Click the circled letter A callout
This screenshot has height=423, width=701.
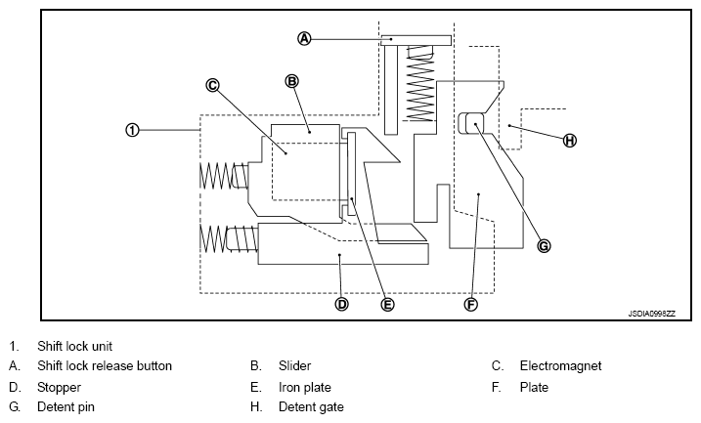pyautogui.click(x=304, y=39)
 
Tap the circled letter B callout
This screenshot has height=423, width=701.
pyautogui.click(x=291, y=81)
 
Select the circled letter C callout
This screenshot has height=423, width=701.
pyautogui.click(x=212, y=85)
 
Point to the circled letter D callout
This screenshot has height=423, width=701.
pyautogui.click(x=341, y=304)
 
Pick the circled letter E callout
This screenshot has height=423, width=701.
pyautogui.click(x=387, y=304)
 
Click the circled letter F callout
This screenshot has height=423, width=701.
pyautogui.click(x=471, y=304)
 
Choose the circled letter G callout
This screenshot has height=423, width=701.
pyautogui.click(x=544, y=245)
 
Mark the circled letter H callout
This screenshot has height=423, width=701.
pyautogui.click(x=569, y=141)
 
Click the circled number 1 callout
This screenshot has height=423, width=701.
pyautogui.click(x=132, y=130)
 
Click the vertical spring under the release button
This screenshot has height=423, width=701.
pyautogui.click(x=420, y=83)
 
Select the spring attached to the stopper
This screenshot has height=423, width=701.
pyautogui.click(x=229, y=239)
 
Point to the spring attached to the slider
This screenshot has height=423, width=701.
pyautogui.click(x=224, y=175)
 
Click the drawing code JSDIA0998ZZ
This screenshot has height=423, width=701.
pyautogui.click(x=651, y=314)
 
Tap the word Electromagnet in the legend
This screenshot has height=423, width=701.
pyautogui.click(x=560, y=365)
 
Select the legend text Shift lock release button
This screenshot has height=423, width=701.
pyautogui.click(x=105, y=365)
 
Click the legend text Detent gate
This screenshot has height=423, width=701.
pyautogui.click(x=311, y=407)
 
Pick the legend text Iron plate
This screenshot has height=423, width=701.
pyautogui.click(x=305, y=387)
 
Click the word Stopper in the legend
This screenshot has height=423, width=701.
pyautogui.click(x=59, y=387)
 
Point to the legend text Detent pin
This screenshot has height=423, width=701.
pyautogui.click(x=66, y=407)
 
